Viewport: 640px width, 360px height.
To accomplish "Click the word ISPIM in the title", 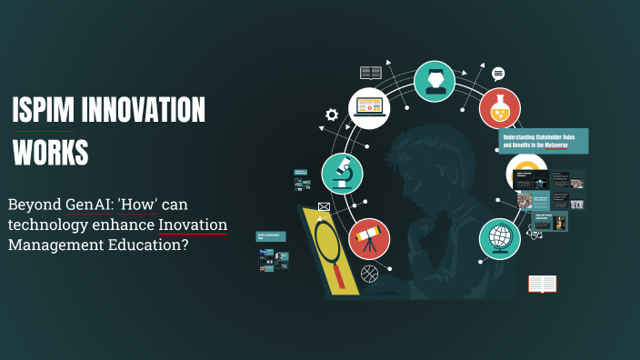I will (x=42, y=112).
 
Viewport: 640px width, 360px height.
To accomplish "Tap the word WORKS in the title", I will (x=50, y=152).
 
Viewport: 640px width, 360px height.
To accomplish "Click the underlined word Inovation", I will (x=193, y=224).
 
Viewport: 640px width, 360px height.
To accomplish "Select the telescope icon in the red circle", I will (x=368, y=238).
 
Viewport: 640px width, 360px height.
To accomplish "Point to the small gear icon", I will (x=332, y=115).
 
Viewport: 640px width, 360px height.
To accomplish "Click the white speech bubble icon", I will (x=498, y=74).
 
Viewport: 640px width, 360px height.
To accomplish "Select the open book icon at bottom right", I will (x=542, y=284).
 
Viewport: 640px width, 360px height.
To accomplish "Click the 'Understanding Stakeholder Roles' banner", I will (x=543, y=140).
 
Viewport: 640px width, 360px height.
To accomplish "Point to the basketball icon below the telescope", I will (x=369, y=273).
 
